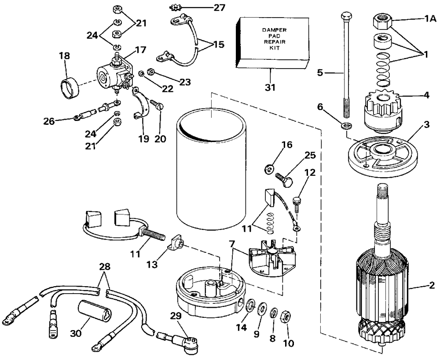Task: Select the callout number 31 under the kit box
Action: pyautogui.click(x=270, y=87)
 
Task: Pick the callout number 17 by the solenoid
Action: pyautogui.click(x=140, y=50)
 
